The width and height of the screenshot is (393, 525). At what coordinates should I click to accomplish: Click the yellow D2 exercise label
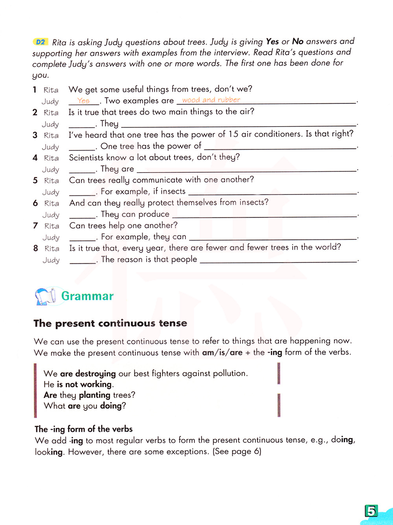pos(40,42)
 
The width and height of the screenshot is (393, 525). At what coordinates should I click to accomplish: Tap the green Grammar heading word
pos(87,296)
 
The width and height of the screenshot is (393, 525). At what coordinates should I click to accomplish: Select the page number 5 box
pos(371,511)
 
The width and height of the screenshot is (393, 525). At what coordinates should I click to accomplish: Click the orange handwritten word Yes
pos(83,101)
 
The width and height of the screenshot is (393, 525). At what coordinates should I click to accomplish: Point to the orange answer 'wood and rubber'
pos(211,100)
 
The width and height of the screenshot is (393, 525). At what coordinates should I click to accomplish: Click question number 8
pos(36,248)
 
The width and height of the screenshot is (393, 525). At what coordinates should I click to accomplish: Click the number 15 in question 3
pos(233,134)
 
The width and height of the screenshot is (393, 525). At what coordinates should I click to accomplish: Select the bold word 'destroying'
pos(95,373)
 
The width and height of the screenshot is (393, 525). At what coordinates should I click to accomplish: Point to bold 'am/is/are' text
pos(222,352)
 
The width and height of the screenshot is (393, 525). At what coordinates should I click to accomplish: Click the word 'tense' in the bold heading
pos(173,323)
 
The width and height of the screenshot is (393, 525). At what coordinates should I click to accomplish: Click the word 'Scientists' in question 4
pos(83,158)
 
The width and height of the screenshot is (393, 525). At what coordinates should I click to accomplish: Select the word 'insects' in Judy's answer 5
pos(173,191)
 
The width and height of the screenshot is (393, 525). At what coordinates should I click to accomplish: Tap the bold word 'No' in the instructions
pos(298,41)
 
